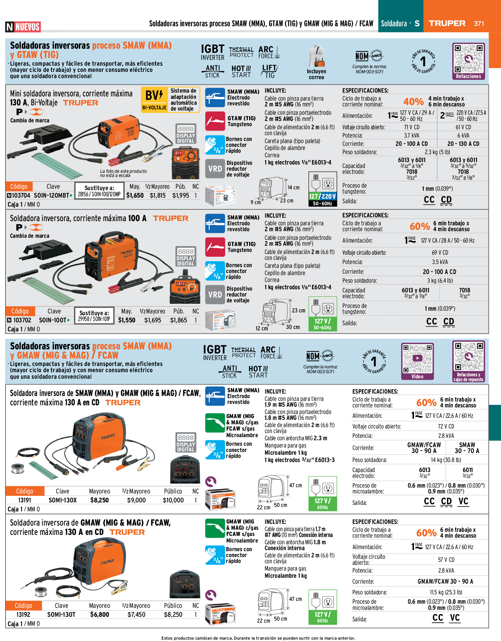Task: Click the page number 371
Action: tap(479, 23)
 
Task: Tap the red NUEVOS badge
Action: tap(28, 27)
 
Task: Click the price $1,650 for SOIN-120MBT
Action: tap(135, 195)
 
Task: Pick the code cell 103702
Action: tap(22, 320)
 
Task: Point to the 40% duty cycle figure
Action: tap(413, 102)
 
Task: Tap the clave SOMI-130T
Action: tap(61, 614)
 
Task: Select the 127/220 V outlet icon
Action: tap(322, 189)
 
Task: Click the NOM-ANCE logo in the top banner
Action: tap(369, 56)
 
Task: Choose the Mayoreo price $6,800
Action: tap(100, 614)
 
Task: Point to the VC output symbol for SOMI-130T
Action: tap(455, 618)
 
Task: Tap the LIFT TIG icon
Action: tap(269, 71)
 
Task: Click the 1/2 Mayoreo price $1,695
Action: tap(153, 320)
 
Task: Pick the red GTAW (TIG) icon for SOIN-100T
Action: tap(215, 247)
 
